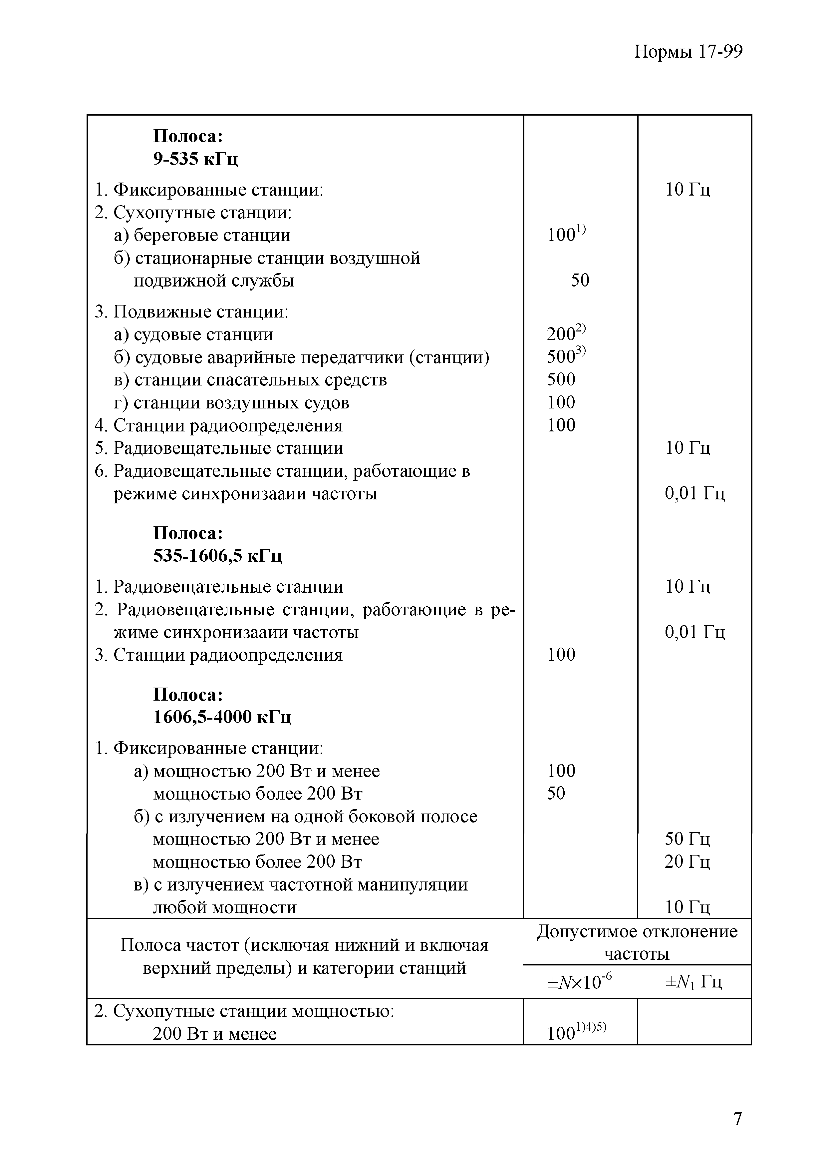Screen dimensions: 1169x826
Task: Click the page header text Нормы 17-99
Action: click(688, 52)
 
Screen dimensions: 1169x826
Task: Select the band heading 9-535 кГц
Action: click(195, 159)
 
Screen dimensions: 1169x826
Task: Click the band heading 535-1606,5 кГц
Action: click(217, 555)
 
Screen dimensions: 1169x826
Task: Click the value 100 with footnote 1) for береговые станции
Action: click(566, 235)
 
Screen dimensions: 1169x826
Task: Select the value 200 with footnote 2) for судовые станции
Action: click(566, 334)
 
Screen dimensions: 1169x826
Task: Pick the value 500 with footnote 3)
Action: click(566, 356)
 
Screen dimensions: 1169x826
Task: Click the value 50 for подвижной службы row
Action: click(580, 280)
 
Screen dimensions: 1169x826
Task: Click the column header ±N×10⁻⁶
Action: click(580, 982)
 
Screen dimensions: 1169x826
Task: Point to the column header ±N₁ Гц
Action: click(693, 982)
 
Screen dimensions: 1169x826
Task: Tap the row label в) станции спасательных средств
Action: click(250, 380)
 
